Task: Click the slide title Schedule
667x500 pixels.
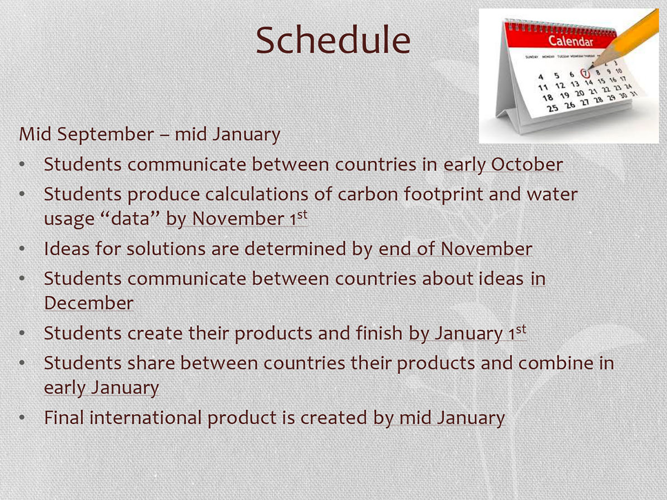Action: click(x=333, y=41)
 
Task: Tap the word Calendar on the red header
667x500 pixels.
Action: click(x=570, y=41)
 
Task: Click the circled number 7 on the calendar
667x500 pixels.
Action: click(x=585, y=73)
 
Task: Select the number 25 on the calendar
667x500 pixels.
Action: click(x=552, y=108)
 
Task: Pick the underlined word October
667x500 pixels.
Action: click(x=527, y=164)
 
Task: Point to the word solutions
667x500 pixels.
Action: click(x=166, y=249)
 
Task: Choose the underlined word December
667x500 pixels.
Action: click(x=89, y=303)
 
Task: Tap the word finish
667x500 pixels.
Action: click(x=379, y=333)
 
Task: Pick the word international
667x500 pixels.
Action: click(x=146, y=417)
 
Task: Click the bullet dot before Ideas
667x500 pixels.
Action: click(x=22, y=249)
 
